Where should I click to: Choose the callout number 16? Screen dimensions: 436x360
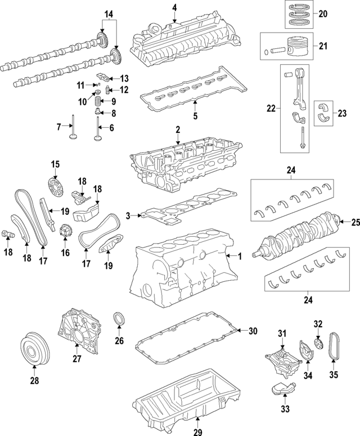pos(65,254)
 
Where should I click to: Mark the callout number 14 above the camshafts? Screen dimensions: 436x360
pos(109,12)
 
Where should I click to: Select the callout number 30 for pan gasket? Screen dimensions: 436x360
pos(252,331)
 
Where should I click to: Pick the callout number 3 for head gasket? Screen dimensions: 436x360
pos(128,215)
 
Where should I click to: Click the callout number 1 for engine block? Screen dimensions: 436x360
pos(239,257)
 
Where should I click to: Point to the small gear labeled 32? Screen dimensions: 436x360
pos(318,343)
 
